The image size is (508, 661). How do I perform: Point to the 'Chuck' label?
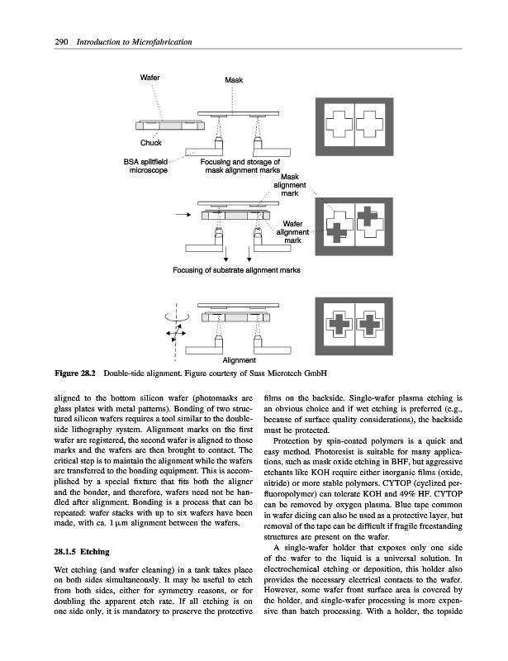click(150, 142)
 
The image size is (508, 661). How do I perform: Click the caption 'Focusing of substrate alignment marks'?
click(236, 269)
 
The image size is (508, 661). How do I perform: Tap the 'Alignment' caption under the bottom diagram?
click(239, 360)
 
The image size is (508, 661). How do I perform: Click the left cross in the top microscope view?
click(339, 123)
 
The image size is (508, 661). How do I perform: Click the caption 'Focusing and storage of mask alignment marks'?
click(241, 166)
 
